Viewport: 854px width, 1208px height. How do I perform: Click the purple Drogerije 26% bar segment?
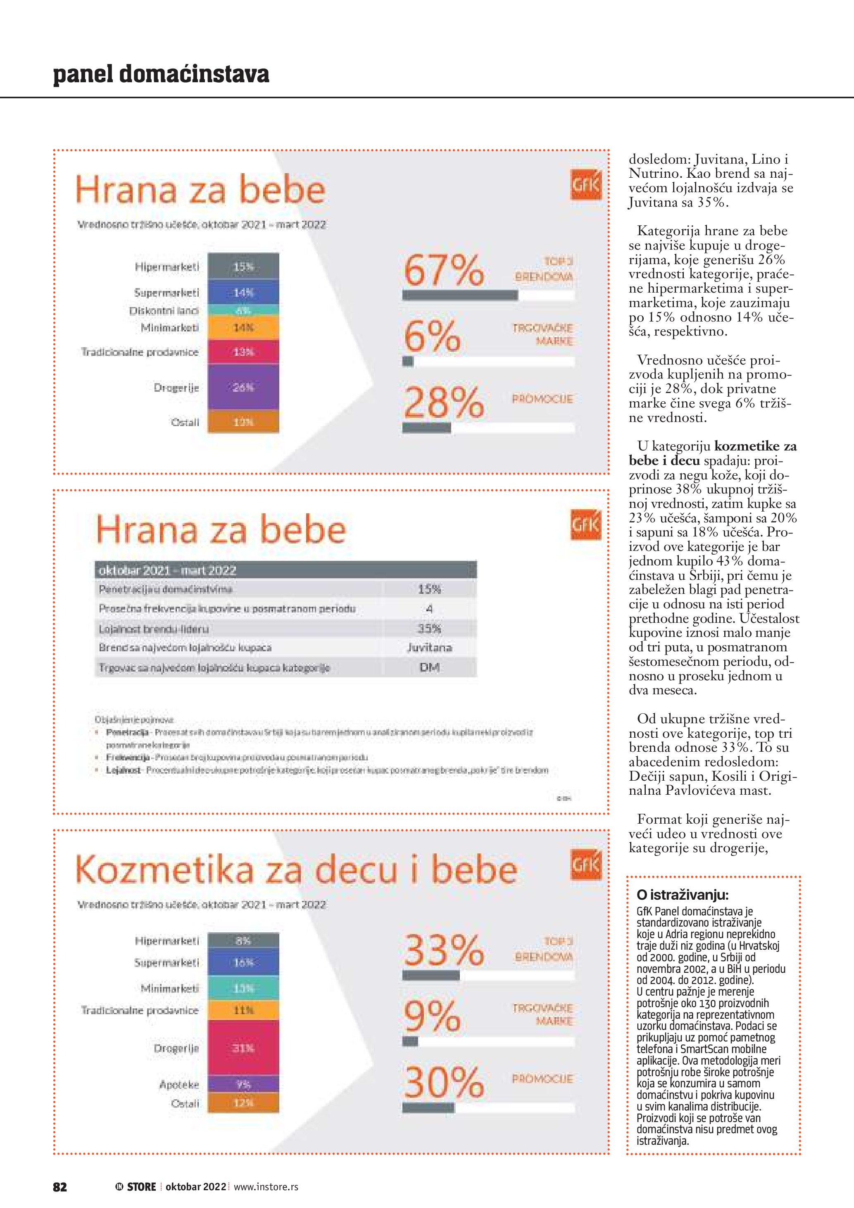[243, 388]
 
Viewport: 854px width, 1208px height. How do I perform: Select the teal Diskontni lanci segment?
[243, 310]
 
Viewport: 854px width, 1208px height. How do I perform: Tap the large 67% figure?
[443, 270]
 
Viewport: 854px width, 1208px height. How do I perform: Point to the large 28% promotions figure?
[443, 403]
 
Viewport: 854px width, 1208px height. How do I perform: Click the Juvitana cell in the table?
[429, 648]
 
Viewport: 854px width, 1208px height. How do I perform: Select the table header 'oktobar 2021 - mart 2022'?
[168, 570]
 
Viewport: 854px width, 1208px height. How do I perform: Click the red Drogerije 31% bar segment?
[243, 1048]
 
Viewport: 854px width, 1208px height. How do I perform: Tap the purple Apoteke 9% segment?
[243, 1084]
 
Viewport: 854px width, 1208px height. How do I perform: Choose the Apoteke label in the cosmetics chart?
[179, 1085]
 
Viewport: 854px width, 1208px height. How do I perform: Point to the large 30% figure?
[443, 1083]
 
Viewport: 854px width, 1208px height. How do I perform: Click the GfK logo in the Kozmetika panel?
[585, 865]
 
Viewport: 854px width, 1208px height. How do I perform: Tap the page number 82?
[60, 1187]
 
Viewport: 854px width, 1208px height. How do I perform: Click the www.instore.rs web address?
[266, 1187]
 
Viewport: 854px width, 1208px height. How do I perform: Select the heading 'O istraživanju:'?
[682, 895]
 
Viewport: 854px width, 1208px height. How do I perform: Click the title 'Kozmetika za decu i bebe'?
[296, 870]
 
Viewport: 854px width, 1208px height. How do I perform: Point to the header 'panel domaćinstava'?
[161, 74]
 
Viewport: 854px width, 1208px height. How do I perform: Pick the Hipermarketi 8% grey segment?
[243, 941]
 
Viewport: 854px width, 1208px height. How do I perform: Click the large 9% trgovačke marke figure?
[432, 1017]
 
